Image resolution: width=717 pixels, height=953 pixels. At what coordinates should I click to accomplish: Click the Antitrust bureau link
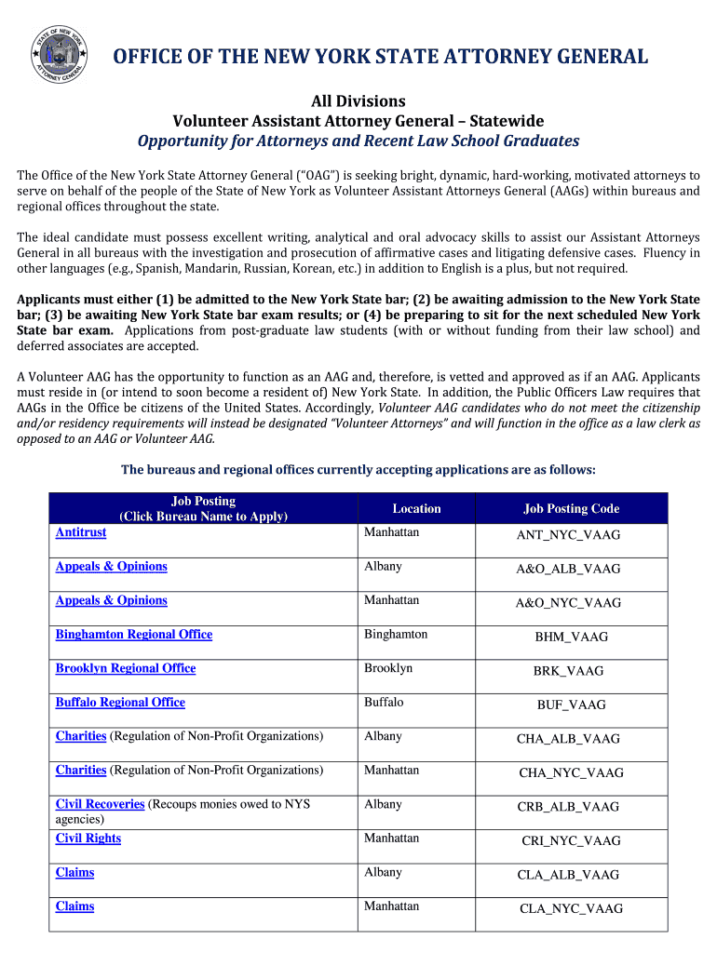pyautogui.click(x=81, y=532)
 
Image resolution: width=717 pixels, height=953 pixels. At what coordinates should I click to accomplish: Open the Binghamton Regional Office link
pyautogui.click(x=134, y=635)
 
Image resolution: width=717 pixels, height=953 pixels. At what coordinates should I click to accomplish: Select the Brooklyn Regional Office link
pyautogui.click(x=126, y=668)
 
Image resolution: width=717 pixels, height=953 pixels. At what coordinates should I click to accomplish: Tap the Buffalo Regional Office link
pyautogui.click(x=120, y=703)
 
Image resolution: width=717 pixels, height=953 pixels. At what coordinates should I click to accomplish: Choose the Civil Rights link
pyautogui.click(x=88, y=839)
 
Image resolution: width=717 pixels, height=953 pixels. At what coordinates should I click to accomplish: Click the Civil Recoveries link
pyautogui.click(x=100, y=804)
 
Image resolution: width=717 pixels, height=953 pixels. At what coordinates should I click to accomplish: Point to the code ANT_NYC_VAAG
pyautogui.click(x=569, y=535)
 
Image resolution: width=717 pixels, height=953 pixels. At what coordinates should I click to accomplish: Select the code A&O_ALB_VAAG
pyautogui.click(x=569, y=569)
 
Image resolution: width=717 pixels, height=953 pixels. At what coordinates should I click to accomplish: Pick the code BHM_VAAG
pyautogui.click(x=571, y=638)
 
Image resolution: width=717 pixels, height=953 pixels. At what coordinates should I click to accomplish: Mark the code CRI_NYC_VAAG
pyautogui.click(x=571, y=841)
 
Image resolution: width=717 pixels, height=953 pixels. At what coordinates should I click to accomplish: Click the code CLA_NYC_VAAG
pyautogui.click(x=571, y=909)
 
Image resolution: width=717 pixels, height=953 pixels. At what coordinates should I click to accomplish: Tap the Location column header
pyautogui.click(x=416, y=509)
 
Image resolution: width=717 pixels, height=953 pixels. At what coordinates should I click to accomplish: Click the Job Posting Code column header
pyautogui.click(x=571, y=509)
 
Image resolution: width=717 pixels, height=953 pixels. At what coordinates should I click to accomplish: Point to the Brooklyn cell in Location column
pyautogui.click(x=388, y=668)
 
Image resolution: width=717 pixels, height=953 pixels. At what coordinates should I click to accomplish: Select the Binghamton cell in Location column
pyautogui.click(x=396, y=635)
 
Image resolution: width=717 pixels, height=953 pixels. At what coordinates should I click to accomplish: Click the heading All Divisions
pyautogui.click(x=358, y=101)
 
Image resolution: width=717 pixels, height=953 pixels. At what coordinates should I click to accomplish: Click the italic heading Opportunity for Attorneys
pyautogui.click(x=358, y=141)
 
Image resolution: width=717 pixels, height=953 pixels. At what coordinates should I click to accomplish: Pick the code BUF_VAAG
pyautogui.click(x=571, y=705)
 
